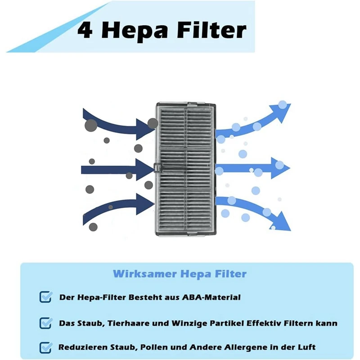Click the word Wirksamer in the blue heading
tap(145, 274)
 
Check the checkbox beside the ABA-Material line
tap(45, 297)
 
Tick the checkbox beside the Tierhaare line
tap(45, 323)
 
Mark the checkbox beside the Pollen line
tap(45, 347)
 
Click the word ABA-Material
tap(211, 297)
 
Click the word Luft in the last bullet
tap(307, 347)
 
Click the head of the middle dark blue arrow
tap(145, 170)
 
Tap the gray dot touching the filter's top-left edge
tap(153, 123)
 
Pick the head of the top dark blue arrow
tap(145, 129)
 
